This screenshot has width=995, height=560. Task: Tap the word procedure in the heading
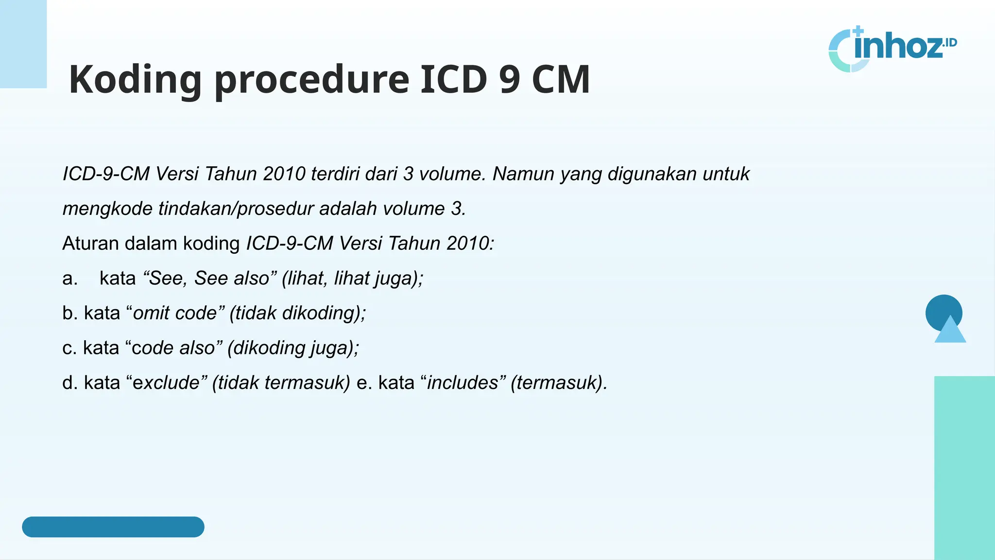(312, 80)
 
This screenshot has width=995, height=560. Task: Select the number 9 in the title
(509, 79)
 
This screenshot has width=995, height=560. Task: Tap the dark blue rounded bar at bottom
(113, 527)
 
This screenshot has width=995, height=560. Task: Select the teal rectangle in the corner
(964, 467)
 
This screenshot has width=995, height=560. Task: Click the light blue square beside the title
(23, 44)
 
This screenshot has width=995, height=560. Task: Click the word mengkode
(107, 209)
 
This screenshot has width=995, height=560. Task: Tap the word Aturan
(90, 244)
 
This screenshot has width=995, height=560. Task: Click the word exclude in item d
(166, 383)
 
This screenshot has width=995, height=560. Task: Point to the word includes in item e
(463, 383)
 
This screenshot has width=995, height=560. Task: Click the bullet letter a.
(69, 279)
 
